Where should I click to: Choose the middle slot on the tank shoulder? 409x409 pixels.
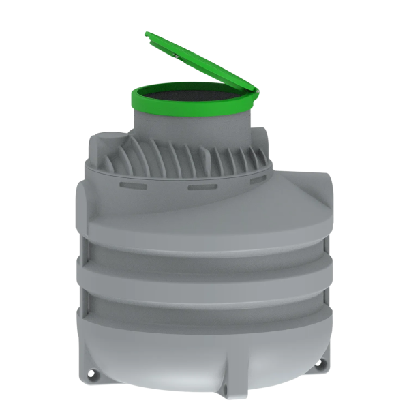click(x=202, y=186)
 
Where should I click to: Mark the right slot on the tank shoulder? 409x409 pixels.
click(x=259, y=181)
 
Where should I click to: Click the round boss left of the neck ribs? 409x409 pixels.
click(x=102, y=143)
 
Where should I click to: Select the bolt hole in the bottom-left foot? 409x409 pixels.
click(x=90, y=373)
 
